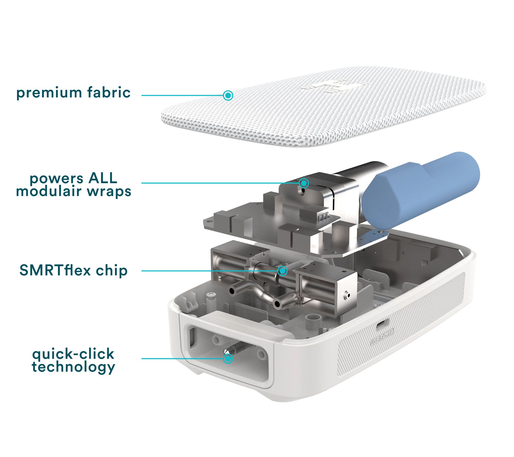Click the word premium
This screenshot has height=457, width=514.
[49, 93]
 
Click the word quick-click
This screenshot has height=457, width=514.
[73, 354]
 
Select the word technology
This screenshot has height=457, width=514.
[74, 367]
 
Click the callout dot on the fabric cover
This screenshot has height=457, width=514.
[228, 95]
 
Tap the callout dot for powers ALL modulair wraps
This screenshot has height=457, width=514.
[304, 183]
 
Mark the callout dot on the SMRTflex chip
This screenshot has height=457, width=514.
[282, 271]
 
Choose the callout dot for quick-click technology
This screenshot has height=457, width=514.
[228, 359]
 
